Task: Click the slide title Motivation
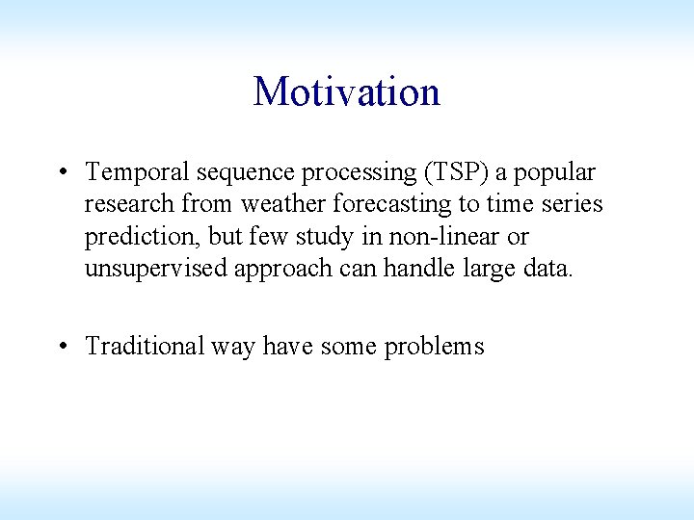pos(346,92)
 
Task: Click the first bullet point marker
pos(62,173)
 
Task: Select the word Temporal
pos(137,172)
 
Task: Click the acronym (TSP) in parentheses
pos(448,172)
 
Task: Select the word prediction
pos(142,237)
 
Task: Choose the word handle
pos(415,268)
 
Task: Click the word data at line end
pos(547,268)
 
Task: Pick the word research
pos(123,204)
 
